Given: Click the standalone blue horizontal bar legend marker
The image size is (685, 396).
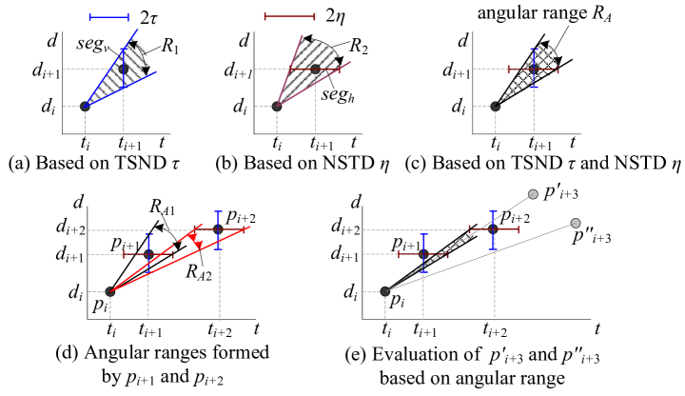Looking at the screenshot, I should point(108,16).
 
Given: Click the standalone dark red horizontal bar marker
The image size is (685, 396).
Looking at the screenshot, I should point(289,15).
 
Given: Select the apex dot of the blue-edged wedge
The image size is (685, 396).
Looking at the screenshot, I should point(86,106).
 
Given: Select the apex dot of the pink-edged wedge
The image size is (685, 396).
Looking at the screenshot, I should point(277,106).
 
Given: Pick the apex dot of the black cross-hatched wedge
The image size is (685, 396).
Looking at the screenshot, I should point(495,106).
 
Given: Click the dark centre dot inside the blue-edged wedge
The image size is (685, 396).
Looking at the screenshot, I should point(123,69).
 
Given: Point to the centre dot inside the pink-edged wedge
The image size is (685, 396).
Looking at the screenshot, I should point(315,69).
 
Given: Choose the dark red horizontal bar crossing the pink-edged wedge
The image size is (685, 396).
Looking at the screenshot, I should point(309,69).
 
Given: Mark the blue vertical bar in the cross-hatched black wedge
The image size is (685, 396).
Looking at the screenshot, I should point(534,67).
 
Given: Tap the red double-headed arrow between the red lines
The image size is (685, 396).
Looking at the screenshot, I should point(196,238).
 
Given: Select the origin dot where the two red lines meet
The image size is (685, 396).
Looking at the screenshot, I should point(109,291).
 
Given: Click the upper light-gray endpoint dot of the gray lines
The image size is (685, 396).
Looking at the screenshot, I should point(533,194).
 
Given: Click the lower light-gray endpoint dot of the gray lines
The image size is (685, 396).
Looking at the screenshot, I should point(576,223).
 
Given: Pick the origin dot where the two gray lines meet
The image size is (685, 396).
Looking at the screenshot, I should point(385,291).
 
